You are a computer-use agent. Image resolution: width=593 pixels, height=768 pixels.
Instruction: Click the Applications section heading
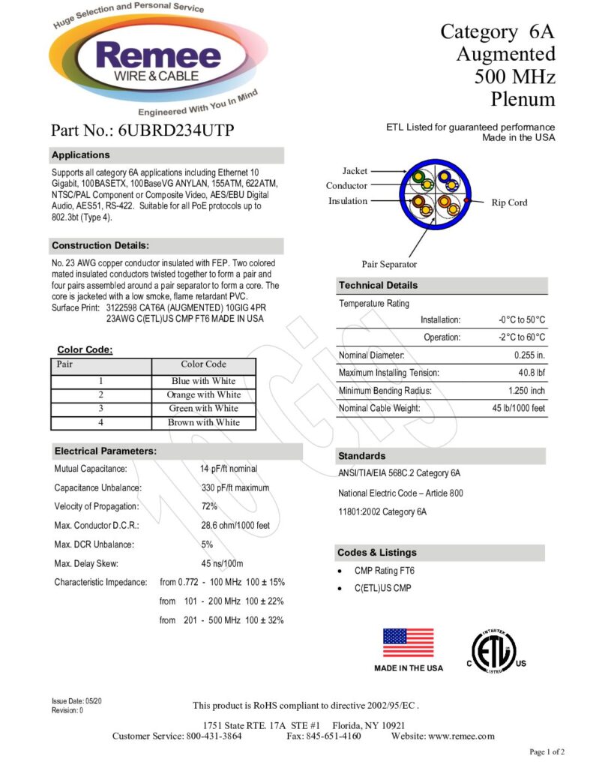pos(81,155)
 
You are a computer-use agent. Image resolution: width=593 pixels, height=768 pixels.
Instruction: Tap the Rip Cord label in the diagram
pos(509,202)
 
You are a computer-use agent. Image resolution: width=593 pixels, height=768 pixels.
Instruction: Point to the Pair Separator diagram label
pos(389,264)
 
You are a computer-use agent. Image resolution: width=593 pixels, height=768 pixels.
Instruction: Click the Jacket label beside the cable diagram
pos(355,171)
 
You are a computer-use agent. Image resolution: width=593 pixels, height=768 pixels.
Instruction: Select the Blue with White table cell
pos(203,381)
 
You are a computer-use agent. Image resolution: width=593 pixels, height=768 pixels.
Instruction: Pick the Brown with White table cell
pos(203,422)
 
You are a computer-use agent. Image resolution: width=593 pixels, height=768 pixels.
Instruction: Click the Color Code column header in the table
pos(203,364)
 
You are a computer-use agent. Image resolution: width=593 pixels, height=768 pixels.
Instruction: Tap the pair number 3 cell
pos(100,409)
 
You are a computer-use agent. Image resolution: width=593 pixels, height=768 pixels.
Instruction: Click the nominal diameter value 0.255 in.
pos(529,355)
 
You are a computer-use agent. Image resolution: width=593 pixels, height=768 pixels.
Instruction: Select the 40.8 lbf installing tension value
pos(531,373)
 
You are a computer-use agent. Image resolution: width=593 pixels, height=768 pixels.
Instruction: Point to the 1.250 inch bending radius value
pos(526,391)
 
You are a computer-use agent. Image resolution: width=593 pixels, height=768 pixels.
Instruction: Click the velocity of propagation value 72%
pos(209,506)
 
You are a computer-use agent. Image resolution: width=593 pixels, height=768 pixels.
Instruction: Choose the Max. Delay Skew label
pos(86,563)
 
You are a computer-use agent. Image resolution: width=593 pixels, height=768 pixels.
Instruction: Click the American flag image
pos(408,643)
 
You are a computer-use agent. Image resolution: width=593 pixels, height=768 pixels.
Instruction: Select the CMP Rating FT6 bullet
pos(384,571)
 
